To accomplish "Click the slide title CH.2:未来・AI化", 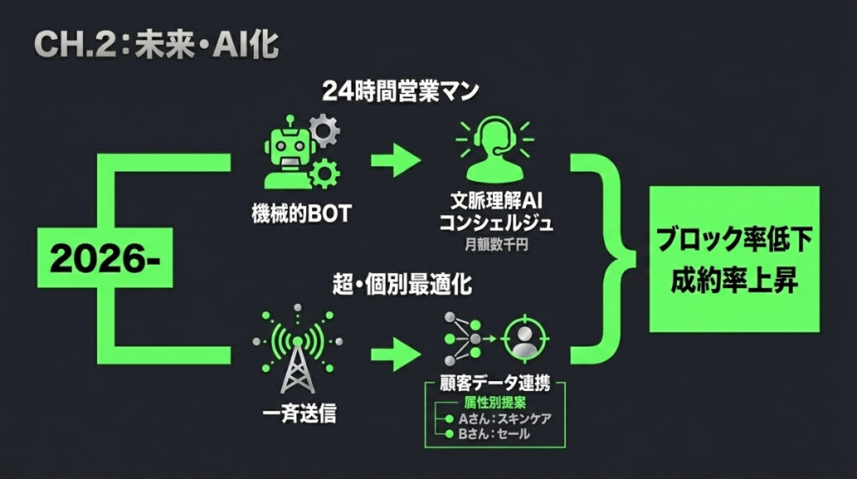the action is (x=157, y=44).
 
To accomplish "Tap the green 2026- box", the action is (x=105, y=258).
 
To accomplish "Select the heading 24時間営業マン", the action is (x=400, y=90).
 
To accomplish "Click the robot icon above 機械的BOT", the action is (x=301, y=152).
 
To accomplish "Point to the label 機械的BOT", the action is (x=301, y=214).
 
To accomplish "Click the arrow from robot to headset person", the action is (x=396, y=160).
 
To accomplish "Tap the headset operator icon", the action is (x=495, y=149).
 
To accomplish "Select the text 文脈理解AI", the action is (x=495, y=201).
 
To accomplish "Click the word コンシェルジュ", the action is (x=495, y=223).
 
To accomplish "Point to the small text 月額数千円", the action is (x=495, y=245).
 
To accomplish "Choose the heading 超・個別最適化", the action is (x=402, y=285).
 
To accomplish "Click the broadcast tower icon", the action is (x=298, y=348).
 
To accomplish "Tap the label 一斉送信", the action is (x=299, y=413).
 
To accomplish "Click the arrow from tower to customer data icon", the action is (x=396, y=354).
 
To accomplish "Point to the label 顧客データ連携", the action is (x=495, y=383).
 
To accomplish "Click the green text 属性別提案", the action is (x=495, y=403).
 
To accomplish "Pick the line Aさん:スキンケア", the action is (x=505, y=419).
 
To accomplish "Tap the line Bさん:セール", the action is (x=494, y=434).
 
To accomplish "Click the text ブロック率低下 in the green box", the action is (x=734, y=239).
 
